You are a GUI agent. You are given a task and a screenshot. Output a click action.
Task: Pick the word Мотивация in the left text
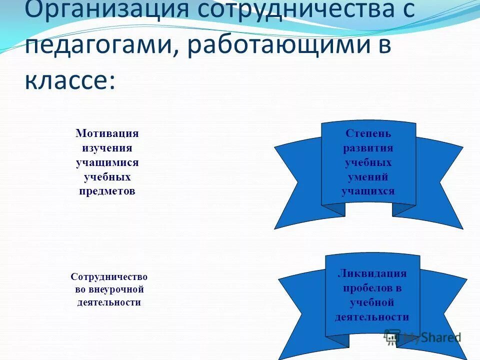[x=107, y=133]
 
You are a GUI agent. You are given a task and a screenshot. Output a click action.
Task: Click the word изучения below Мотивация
[x=107, y=148]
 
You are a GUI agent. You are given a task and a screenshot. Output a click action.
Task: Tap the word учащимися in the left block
[x=107, y=162]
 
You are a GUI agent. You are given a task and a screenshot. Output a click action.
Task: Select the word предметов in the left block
[x=107, y=191]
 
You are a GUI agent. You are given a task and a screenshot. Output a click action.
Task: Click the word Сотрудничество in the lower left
[x=109, y=276]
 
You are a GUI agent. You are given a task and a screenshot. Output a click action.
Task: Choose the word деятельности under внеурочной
[x=109, y=302]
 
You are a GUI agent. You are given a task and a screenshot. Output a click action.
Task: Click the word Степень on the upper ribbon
[x=368, y=134]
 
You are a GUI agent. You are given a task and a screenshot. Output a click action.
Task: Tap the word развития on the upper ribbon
[x=368, y=148]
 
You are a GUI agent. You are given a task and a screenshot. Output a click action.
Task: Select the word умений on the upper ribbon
[x=368, y=177]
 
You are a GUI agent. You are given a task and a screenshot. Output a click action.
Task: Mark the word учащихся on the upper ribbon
[x=368, y=191]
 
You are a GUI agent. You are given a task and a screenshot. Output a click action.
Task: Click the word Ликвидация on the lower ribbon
[x=372, y=273]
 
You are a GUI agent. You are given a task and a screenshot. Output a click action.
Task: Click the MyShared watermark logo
[x=422, y=337]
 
